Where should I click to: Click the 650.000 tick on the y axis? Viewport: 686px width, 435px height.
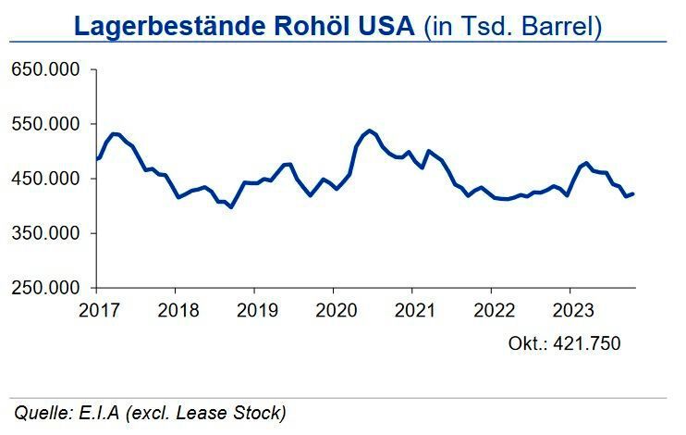point(46,70)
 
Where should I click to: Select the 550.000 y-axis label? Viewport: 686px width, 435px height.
point(46,125)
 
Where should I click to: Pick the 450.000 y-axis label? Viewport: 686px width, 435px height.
point(46,179)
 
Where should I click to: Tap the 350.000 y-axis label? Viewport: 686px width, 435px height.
point(46,233)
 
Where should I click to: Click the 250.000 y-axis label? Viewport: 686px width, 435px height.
point(46,288)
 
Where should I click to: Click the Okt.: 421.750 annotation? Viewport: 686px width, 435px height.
point(564,343)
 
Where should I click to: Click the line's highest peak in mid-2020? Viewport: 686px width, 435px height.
point(369,130)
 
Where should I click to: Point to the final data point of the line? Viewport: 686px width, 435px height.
point(633,193)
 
